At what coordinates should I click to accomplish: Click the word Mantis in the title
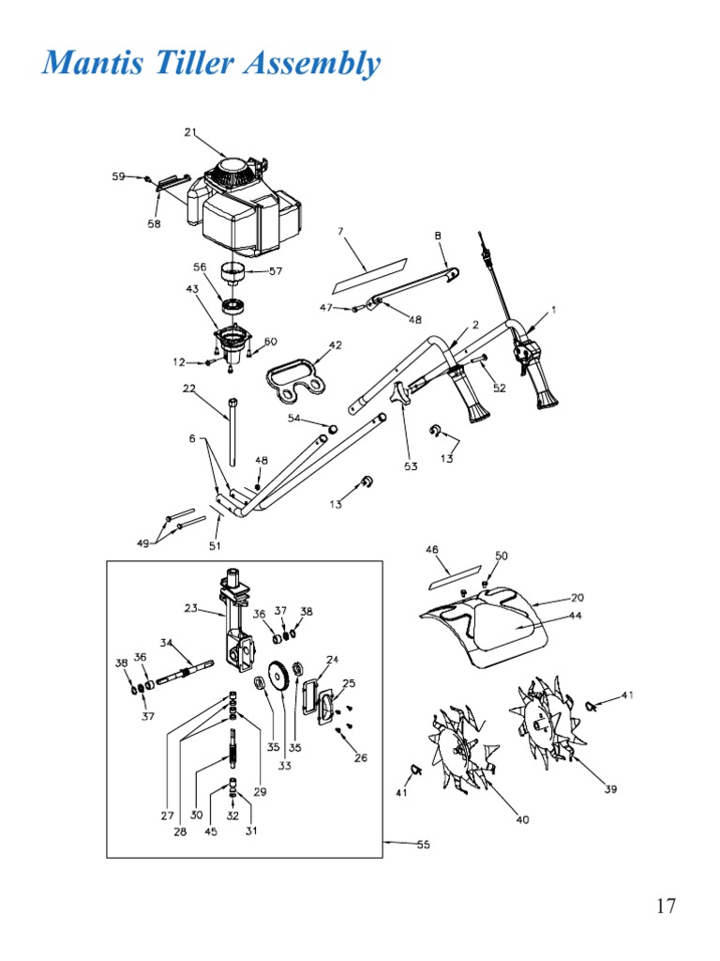point(93,62)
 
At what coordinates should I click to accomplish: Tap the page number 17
point(667,906)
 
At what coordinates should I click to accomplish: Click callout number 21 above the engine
point(190,132)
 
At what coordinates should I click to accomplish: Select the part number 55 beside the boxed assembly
point(423,845)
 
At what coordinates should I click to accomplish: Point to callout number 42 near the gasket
point(335,345)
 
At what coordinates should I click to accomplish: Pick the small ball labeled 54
point(334,428)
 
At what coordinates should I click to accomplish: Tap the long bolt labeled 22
point(232,432)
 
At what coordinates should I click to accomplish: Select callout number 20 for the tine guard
point(577,598)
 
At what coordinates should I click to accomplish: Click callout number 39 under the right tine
point(610,789)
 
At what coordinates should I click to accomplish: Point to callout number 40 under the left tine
point(522,819)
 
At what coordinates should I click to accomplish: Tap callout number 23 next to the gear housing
point(191,608)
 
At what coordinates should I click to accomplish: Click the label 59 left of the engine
point(118,176)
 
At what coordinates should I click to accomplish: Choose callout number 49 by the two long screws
point(142,543)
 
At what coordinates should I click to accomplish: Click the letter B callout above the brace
point(438,236)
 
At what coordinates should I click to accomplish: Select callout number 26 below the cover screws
point(361,757)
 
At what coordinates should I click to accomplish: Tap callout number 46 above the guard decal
point(432,549)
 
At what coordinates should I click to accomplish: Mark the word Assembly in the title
point(312,63)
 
